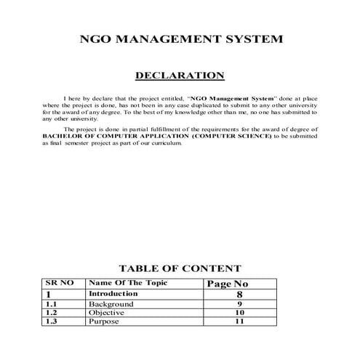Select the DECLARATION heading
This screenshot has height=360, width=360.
180,75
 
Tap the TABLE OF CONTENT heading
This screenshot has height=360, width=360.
180,268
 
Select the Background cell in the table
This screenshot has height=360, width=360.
111,303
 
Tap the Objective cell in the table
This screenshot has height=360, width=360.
107,312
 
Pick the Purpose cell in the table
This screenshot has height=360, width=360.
104,321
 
